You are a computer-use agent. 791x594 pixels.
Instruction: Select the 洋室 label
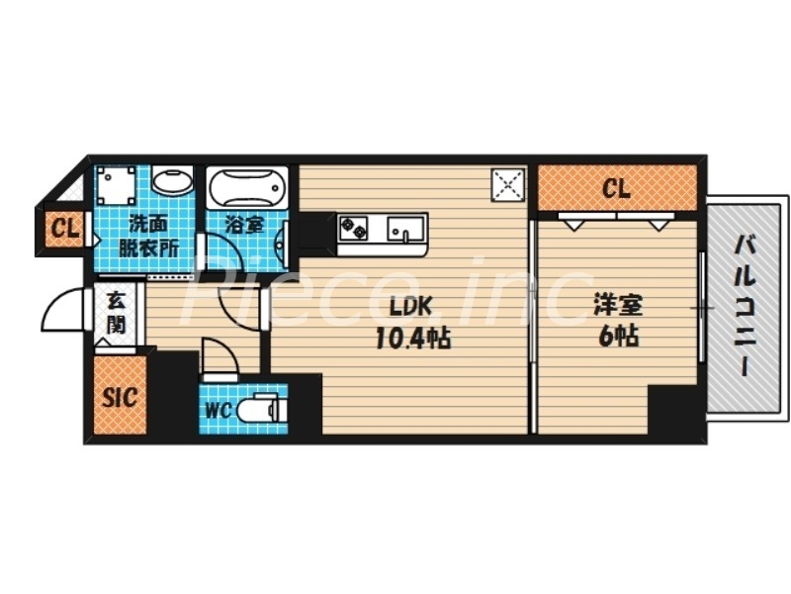pyautogui.click(x=615, y=305)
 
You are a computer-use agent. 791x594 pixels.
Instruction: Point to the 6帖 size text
pyautogui.click(x=616, y=337)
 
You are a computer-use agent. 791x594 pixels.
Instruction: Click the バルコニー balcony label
pyautogui.click(x=746, y=307)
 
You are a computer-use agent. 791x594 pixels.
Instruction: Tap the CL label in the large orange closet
pyautogui.click(x=616, y=188)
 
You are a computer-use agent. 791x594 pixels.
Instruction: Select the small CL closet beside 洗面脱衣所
pyautogui.click(x=65, y=231)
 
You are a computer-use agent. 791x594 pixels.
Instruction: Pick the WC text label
pyautogui.click(x=220, y=410)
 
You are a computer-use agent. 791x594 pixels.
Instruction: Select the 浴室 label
pyautogui.click(x=243, y=225)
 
